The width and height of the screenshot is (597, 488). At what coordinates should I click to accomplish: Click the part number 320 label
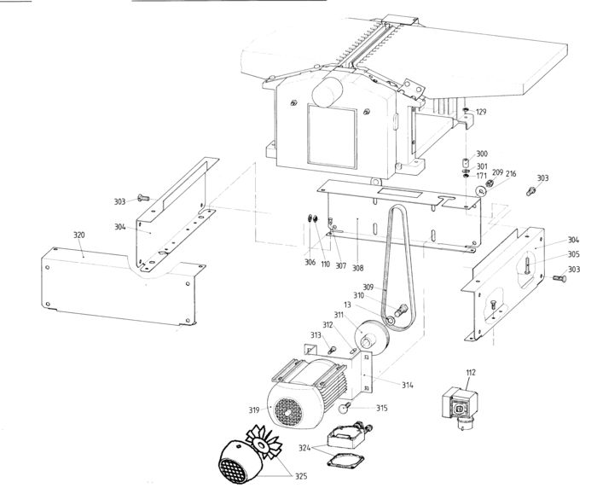78,235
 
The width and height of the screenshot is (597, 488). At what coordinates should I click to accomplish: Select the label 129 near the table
481,112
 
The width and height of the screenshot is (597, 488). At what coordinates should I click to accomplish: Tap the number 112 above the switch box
471,373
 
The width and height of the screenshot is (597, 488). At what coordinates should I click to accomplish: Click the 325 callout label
301,476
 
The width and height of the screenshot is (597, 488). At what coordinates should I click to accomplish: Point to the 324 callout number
304,448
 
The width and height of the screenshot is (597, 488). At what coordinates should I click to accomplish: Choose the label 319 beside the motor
254,410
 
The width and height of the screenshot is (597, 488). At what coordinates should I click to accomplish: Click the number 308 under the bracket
358,268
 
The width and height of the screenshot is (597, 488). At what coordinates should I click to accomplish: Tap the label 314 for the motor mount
408,385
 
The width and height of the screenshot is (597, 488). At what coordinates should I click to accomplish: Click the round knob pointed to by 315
345,409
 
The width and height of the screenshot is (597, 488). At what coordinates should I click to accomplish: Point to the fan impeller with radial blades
264,444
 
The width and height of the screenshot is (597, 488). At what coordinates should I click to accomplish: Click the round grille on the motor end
289,412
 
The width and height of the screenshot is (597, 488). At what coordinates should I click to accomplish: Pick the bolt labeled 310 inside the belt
401,310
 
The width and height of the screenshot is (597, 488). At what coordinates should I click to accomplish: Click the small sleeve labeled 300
466,163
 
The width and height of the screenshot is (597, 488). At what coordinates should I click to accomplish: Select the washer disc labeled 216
481,190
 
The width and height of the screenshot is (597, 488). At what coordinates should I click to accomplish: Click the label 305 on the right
573,254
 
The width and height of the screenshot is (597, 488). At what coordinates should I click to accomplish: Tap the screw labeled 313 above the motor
332,349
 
